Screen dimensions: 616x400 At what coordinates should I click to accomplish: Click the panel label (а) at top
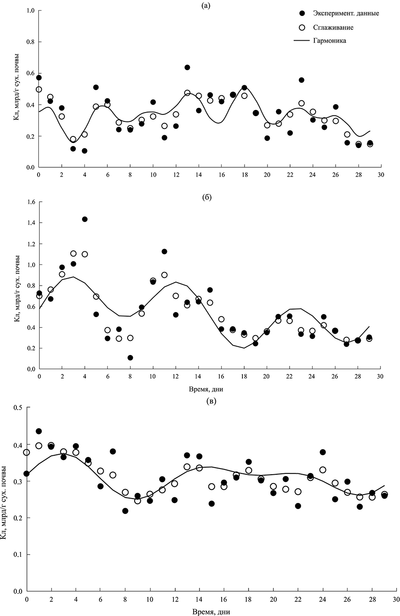(211, 5)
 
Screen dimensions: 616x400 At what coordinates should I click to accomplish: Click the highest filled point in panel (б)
(84, 219)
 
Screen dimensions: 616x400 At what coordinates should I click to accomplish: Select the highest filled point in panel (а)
(187, 67)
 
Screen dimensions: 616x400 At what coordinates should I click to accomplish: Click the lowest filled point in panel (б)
(130, 358)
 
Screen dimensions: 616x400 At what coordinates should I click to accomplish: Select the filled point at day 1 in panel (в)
(39, 431)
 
